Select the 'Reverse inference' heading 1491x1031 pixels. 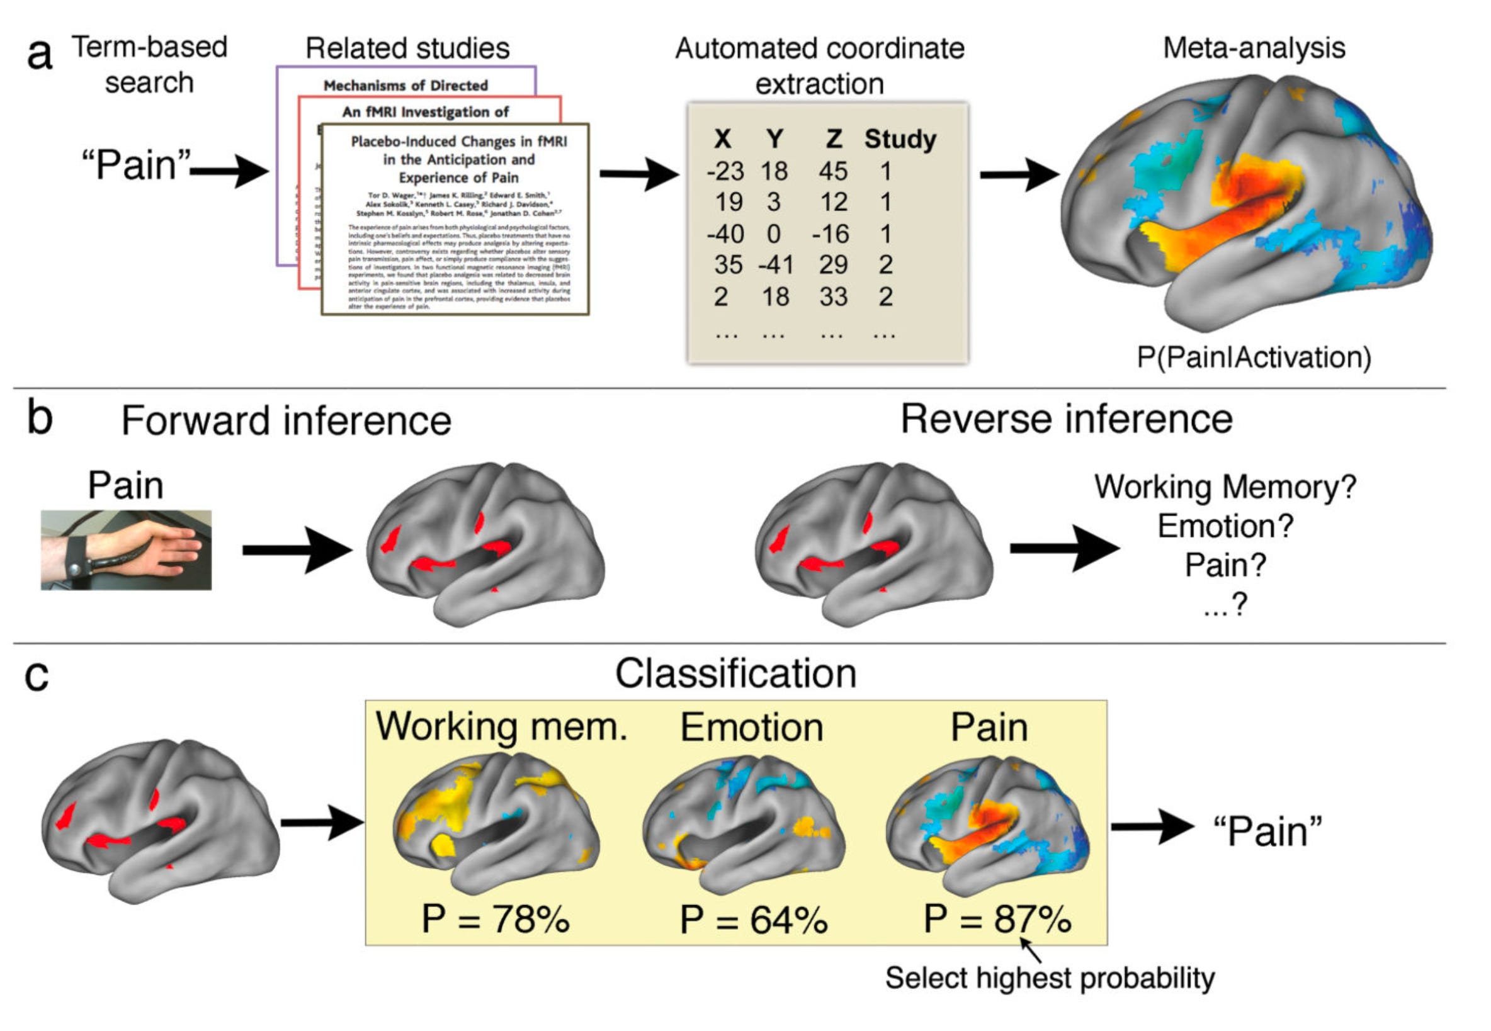click(x=1066, y=419)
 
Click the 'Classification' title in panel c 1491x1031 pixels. click(x=735, y=673)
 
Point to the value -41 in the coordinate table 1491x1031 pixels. click(x=775, y=265)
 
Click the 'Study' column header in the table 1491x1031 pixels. click(x=900, y=140)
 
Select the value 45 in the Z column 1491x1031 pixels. click(x=833, y=172)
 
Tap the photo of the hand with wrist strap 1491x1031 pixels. click(x=126, y=549)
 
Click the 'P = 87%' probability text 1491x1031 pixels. click(x=997, y=918)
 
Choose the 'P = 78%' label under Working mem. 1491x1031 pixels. click(x=496, y=918)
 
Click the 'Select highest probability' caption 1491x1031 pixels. click(x=1049, y=978)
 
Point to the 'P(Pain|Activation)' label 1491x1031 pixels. click(x=1253, y=358)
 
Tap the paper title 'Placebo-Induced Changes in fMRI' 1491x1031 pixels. click(x=458, y=142)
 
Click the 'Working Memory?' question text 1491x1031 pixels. click(x=1225, y=487)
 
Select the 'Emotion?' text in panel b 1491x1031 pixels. click(x=1225, y=526)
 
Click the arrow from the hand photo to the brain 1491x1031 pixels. click(x=297, y=549)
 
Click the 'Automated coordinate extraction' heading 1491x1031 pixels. click(x=819, y=66)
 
